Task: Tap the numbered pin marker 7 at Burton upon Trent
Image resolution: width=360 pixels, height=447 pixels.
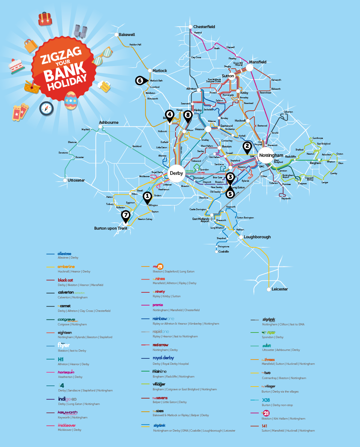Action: (x=126, y=215)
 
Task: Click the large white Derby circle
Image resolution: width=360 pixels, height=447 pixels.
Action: (x=176, y=173)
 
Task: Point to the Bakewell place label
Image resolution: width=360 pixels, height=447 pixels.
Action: (x=127, y=35)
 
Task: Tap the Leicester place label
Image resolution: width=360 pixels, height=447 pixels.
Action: (x=280, y=289)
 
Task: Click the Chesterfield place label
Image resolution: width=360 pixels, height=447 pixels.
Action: (x=204, y=27)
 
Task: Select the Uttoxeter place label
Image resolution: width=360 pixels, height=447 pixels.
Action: (x=76, y=181)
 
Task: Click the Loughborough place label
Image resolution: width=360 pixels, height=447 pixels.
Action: (x=257, y=237)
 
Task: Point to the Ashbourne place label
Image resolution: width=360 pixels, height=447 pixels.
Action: (x=109, y=122)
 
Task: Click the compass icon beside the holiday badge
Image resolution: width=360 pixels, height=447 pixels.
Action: (x=46, y=109)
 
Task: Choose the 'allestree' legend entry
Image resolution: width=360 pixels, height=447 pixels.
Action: (x=64, y=254)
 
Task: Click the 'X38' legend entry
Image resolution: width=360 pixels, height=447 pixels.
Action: (x=265, y=400)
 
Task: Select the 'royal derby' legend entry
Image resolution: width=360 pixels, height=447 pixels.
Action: (x=163, y=358)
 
